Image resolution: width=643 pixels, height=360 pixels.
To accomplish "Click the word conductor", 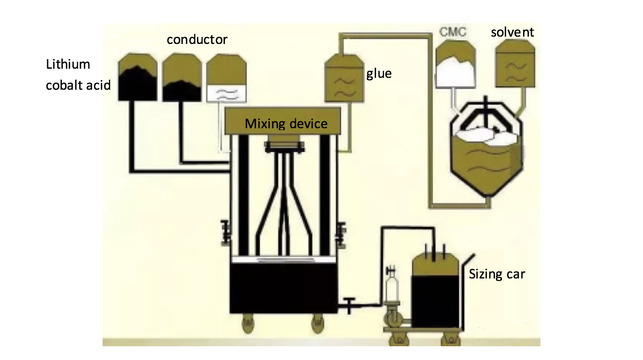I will point(197,40).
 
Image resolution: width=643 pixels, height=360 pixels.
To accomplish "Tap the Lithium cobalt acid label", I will point(78,75).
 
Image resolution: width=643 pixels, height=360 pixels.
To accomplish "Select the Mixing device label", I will point(286,124).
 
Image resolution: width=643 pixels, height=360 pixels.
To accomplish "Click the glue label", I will point(379,73).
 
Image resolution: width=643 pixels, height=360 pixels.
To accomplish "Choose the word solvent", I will point(512,33).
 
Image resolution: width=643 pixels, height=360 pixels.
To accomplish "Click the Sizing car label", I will point(496,274).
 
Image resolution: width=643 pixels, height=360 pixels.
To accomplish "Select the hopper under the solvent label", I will point(515,64).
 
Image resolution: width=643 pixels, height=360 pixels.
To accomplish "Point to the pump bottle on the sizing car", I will point(392,286).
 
